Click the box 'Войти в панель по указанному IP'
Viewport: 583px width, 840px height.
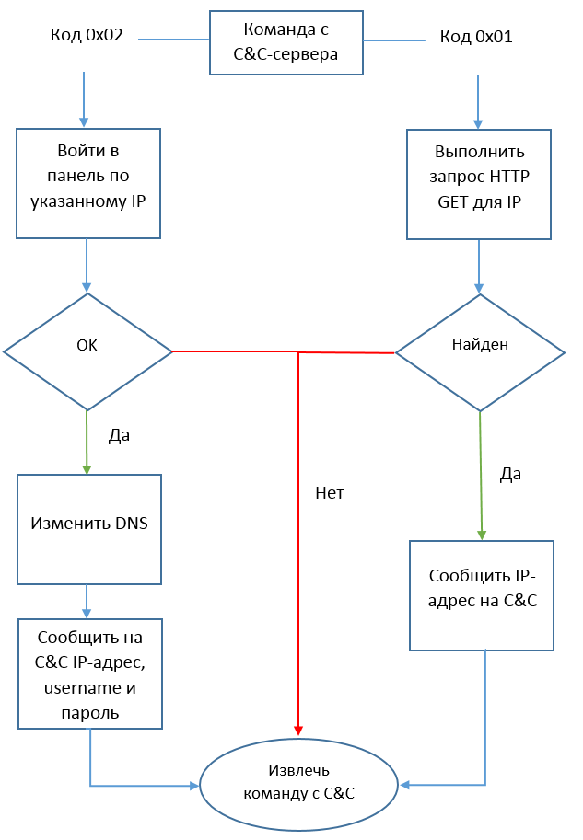pyautogui.click(x=88, y=183)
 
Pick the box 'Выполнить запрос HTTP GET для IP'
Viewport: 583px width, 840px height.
pyautogui.click(x=479, y=183)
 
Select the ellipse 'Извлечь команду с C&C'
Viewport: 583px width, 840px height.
pyautogui.click(x=298, y=781)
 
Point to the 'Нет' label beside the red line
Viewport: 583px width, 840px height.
pyautogui.click(x=329, y=493)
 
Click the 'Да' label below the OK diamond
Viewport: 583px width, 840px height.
pyautogui.click(x=119, y=436)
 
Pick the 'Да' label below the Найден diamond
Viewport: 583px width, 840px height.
pyautogui.click(x=510, y=474)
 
